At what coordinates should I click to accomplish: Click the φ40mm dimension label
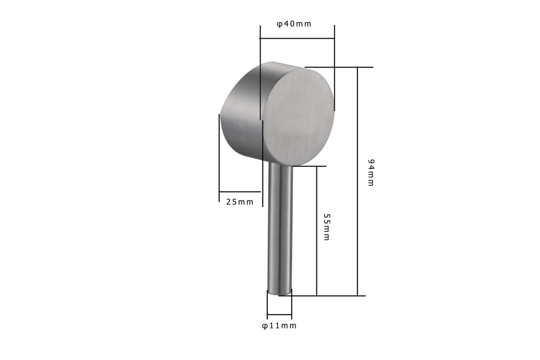pos(294,24)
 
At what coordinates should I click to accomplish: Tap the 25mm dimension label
pos(239,202)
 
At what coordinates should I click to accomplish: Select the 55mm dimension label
pos(326,227)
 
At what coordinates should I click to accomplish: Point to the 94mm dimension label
pos(371,173)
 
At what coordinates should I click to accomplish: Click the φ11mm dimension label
pos(279,326)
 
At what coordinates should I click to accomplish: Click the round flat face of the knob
pos(299,117)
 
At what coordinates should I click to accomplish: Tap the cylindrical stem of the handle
pos(280,229)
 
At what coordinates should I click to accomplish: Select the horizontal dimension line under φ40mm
pos(297,38)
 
